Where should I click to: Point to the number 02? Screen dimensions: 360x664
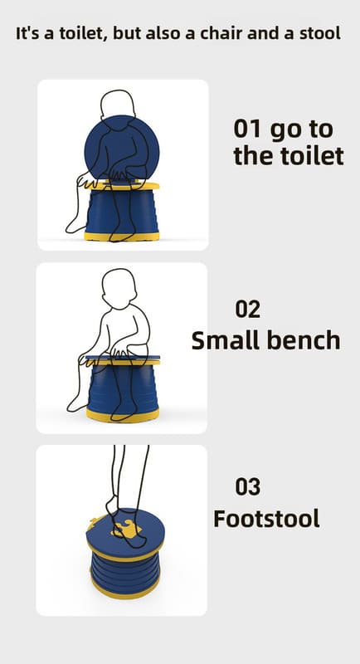tap(248, 309)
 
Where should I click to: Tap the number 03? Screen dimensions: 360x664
tap(248, 486)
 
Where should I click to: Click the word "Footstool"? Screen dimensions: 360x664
tap(266, 518)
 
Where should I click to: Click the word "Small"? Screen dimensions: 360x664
tap(224, 340)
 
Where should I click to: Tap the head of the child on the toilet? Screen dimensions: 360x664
tap(118, 104)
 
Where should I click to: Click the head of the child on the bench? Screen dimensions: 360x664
tap(119, 288)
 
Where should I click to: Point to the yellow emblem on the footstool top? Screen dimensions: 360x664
tap(126, 529)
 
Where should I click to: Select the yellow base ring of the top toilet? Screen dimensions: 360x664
tap(122, 237)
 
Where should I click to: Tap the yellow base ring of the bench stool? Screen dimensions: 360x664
tap(123, 416)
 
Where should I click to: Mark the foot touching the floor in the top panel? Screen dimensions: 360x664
tap(76, 227)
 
